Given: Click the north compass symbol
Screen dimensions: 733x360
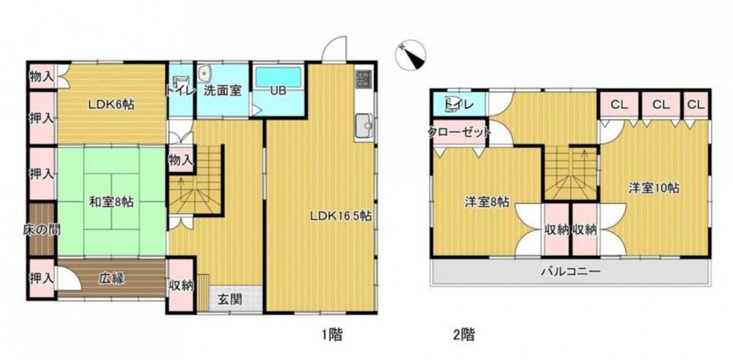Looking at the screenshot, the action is (x=410, y=55).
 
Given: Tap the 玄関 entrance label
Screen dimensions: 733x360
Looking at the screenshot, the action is (x=229, y=299).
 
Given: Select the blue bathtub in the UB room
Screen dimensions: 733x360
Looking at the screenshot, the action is (x=278, y=77).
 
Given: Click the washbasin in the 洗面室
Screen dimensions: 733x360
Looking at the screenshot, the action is (x=205, y=73).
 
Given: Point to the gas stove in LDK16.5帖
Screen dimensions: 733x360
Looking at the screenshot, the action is (x=364, y=79).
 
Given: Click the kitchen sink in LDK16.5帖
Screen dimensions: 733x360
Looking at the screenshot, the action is (x=364, y=125).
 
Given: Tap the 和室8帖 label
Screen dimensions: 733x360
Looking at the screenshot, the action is (x=111, y=202).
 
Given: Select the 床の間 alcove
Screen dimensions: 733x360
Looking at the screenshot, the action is (x=42, y=229).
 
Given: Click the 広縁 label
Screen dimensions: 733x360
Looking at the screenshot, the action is (x=111, y=279).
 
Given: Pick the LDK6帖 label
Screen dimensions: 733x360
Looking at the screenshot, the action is (x=111, y=105).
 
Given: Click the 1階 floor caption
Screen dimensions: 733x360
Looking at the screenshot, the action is (x=332, y=334).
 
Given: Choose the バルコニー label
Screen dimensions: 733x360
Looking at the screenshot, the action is (x=570, y=271).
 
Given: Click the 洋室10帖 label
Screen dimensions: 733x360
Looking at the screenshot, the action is (x=654, y=188).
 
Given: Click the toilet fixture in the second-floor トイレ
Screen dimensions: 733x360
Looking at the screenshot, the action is (x=452, y=104).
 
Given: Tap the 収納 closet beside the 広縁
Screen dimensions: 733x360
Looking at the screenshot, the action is (x=181, y=284).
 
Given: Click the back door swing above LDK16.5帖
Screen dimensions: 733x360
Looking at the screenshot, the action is (x=334, y=48).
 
